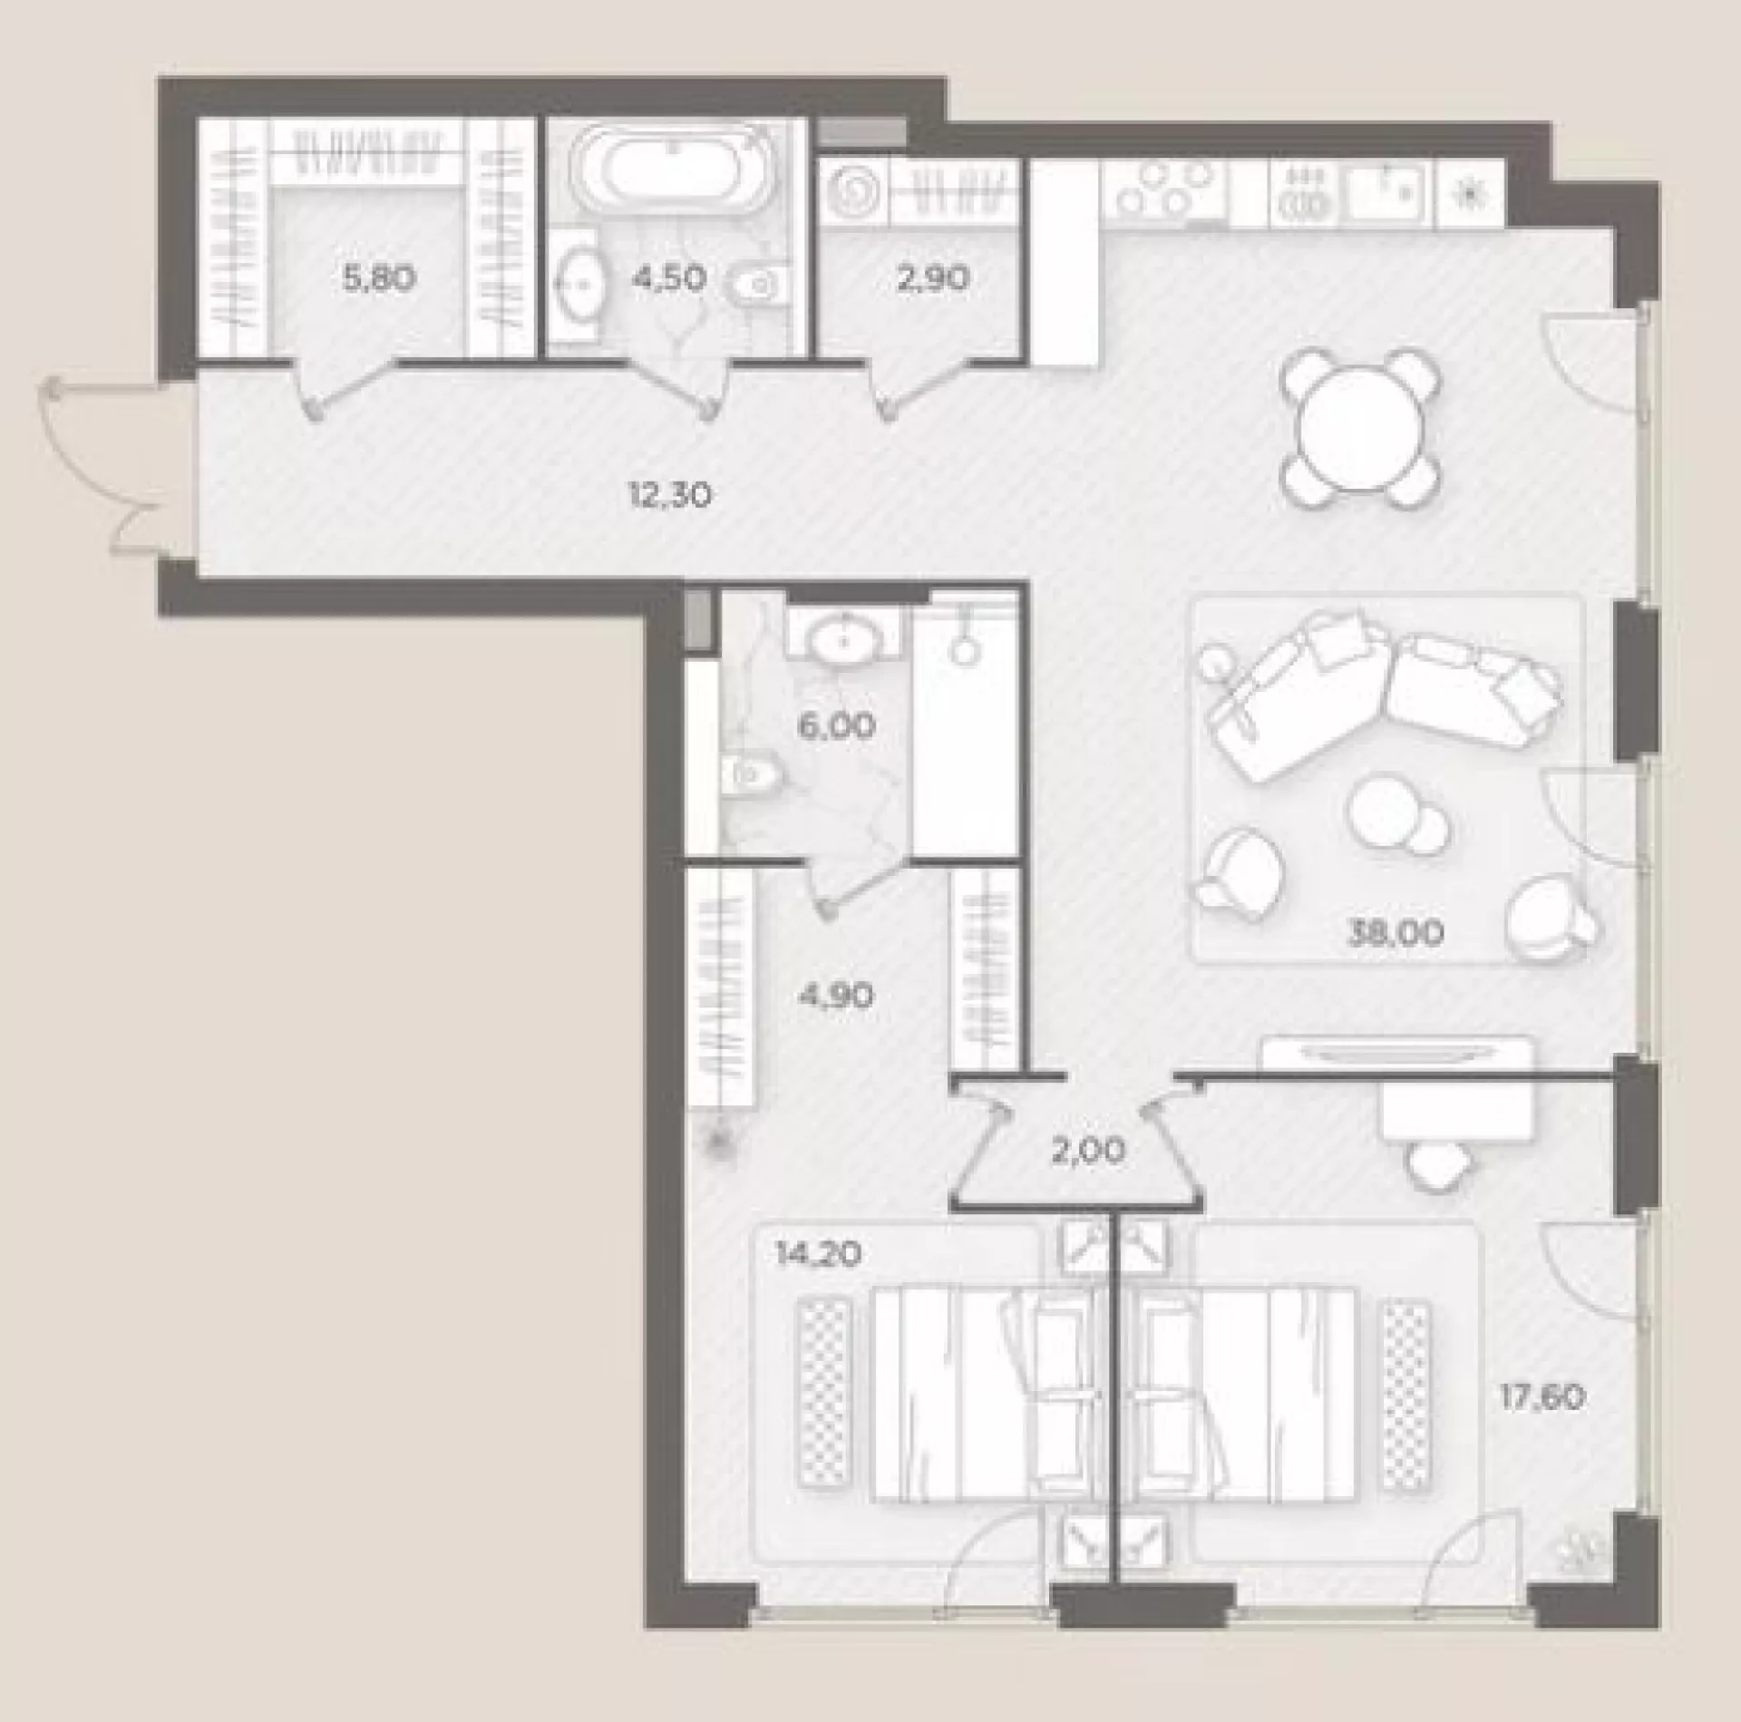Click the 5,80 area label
coord(380,277)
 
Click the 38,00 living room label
coord(1396,932)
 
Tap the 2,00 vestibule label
coord(1088,1151)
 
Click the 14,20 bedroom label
coord(818,1254)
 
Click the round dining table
coord(1360,428)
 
